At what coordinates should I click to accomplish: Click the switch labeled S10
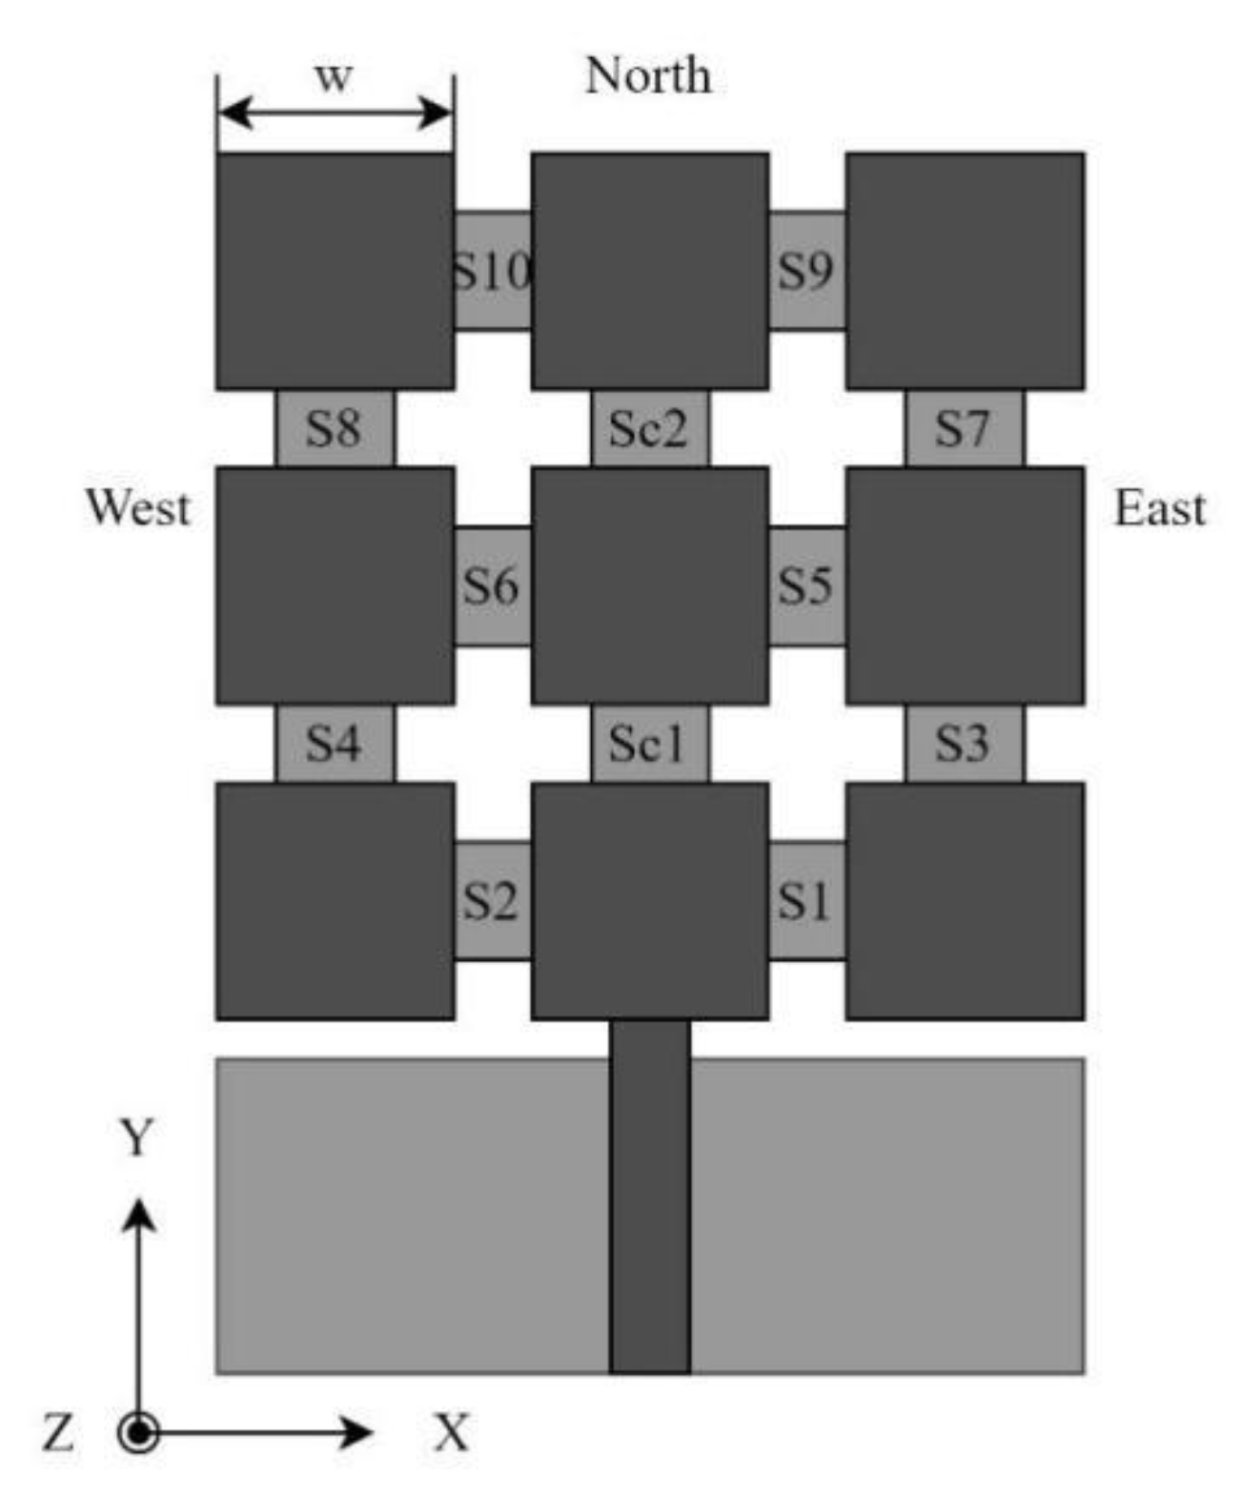492,271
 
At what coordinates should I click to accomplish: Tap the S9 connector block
806,271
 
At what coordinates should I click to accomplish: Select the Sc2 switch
649,428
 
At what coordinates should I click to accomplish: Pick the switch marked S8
334,428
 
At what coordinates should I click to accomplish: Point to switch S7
964,428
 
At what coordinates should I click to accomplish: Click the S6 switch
492,585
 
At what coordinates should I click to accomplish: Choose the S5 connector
806,585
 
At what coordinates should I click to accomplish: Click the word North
648,75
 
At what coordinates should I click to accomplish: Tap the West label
138,507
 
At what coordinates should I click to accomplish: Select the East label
1160,507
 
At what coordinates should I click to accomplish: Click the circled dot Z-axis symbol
139,1432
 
